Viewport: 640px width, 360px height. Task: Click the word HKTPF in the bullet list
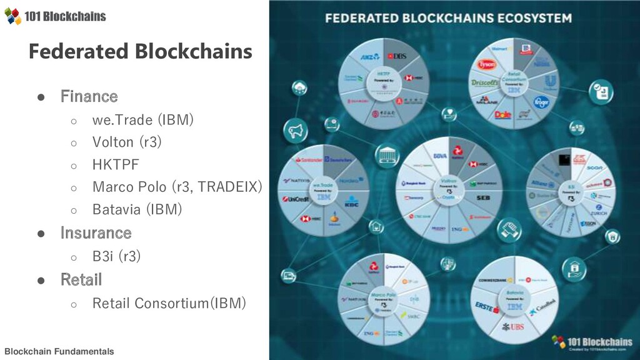pos(116,164)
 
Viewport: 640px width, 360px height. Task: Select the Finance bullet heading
pos(89,96)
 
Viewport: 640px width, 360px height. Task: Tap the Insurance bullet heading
pos(96,233)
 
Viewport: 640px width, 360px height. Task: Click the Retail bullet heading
pos(81,279)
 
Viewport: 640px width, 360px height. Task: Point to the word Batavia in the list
pos(116,209)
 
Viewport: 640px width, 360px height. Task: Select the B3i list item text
pos(102,256)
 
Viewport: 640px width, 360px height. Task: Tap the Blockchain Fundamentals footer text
pos(59,351)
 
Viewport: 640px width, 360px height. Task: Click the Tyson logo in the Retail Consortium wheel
pos(487,64)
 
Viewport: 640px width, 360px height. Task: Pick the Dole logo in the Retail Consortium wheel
pos(502,114)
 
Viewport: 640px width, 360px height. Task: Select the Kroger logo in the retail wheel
pos(541,101)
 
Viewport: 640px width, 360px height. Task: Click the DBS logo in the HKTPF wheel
pos(397,56)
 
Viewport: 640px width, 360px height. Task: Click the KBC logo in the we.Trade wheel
pos(351,204)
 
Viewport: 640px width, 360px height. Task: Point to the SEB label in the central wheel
pos(482,197)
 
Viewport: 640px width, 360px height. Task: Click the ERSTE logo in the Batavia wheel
pos(488,307)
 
